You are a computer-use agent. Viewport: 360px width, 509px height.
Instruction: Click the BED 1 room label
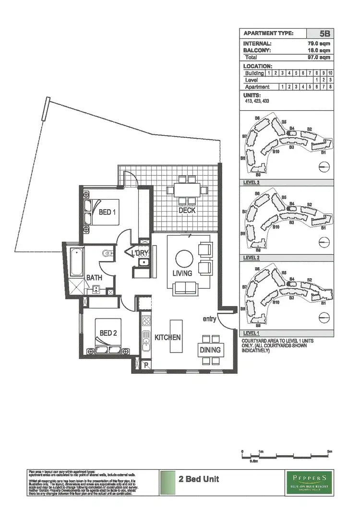point(105,212)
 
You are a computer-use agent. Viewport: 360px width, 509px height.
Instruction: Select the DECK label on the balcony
point(187,210)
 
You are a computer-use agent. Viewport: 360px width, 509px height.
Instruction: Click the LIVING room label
point(182,273)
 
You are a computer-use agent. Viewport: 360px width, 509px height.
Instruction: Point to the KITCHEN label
point(168,337)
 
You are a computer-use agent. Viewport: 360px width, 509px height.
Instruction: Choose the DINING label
point(210,350)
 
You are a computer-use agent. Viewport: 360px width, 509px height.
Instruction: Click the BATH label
point(94,277)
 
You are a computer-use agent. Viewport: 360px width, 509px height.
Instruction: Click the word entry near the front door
point(209,319)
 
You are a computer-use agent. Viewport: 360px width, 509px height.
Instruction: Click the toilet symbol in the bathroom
point(107,253)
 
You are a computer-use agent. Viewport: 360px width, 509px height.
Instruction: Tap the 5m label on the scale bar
point(329,451)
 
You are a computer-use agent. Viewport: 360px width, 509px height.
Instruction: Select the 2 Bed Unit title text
point(199,479)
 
